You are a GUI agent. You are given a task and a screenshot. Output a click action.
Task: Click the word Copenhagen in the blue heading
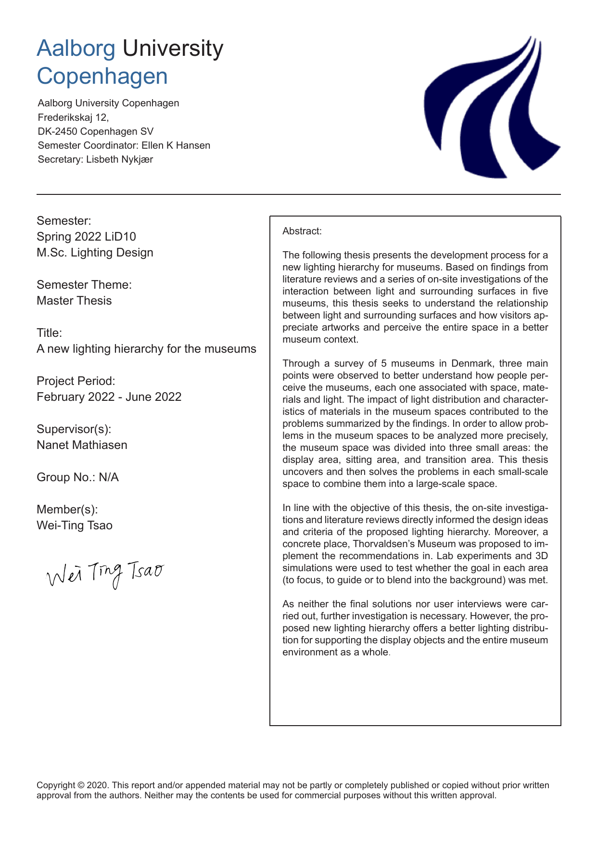click(102, 77)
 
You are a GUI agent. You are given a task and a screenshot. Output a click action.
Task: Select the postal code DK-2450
click(58, 131)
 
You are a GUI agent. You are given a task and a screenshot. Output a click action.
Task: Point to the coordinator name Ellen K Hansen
click(176, 145)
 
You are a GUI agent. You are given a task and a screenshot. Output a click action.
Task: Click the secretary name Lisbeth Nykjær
click(119, 159)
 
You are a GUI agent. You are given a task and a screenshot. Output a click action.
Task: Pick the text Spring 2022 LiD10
click(86, 236)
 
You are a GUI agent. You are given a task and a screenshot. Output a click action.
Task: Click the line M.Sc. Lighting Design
click(95, 252)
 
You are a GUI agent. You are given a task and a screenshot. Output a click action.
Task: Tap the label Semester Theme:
click(84, 284)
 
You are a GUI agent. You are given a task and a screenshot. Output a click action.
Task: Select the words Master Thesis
click(74, 300)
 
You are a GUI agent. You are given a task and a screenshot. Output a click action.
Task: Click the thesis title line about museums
click(146, 348)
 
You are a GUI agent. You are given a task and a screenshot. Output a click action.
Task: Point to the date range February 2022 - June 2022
click(109, 396)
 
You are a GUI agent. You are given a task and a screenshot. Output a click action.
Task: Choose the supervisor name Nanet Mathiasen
click(82, 445)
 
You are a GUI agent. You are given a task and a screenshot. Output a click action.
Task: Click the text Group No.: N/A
click(77, 477)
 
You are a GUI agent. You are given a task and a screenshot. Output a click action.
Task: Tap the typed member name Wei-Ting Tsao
click(75, 525)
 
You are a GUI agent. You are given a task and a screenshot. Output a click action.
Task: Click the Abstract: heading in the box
click(302, 231)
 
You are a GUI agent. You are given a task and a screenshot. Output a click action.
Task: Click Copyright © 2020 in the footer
click(72, 785)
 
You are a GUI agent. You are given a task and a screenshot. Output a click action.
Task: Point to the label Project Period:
click(76, 381)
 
